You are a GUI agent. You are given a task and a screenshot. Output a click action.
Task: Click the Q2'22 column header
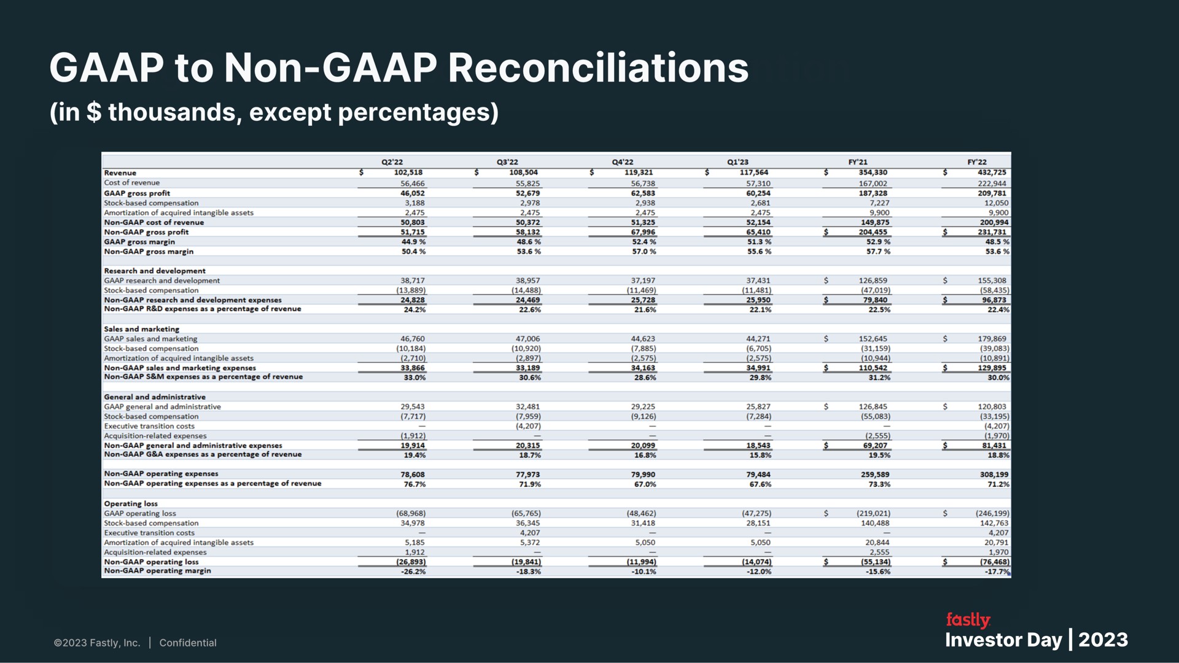pos(392,162)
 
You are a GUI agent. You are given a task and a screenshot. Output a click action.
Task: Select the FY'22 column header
pos(977,162)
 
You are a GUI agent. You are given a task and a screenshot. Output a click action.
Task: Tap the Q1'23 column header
pos(737,162)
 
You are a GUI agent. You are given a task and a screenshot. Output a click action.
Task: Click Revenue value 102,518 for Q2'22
pos(408,173)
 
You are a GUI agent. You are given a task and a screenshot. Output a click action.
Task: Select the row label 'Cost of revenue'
pos(131,182)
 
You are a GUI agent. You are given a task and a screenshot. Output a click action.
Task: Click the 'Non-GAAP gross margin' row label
pos(149,252)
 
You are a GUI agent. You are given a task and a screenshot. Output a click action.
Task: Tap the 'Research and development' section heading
pos(155,271)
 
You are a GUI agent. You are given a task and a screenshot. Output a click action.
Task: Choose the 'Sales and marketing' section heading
pos(141,329)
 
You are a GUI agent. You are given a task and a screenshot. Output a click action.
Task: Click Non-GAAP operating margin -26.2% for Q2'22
pos(410,572)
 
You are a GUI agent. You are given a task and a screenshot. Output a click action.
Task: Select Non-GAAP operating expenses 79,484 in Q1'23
pos(755,475)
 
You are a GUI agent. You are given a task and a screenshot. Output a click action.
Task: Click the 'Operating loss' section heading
pos(131,503)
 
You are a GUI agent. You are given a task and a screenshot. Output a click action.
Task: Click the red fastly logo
pos(968,620)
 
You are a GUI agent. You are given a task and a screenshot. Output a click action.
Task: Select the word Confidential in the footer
pos(188,643)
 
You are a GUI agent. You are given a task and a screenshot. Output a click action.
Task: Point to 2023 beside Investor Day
pos(1103,640)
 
